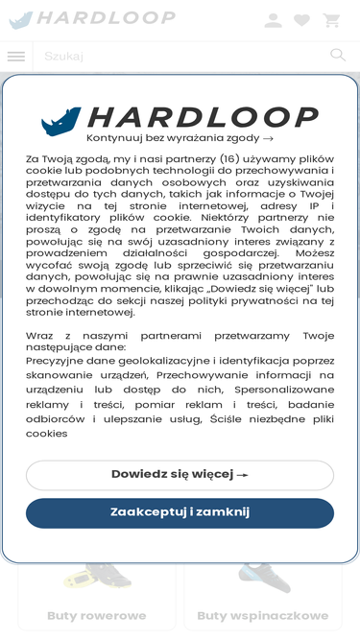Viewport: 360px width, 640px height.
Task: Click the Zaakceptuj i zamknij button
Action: tap(180, 512)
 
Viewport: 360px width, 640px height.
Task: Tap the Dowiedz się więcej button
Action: tap(180, 475)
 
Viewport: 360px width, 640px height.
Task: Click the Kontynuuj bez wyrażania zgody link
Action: tap(180, 138)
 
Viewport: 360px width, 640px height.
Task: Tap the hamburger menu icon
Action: tap(16, 57)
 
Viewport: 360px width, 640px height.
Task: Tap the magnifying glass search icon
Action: tap(338, 56)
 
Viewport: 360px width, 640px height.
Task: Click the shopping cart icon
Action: tap(332, 20)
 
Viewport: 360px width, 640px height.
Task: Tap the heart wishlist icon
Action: tap(302, 20)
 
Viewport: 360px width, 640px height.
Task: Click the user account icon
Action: tap(274, 20)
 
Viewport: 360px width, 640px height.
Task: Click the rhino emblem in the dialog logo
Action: tap(61, 120)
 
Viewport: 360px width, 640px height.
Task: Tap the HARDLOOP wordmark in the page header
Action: tap(106, 18)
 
